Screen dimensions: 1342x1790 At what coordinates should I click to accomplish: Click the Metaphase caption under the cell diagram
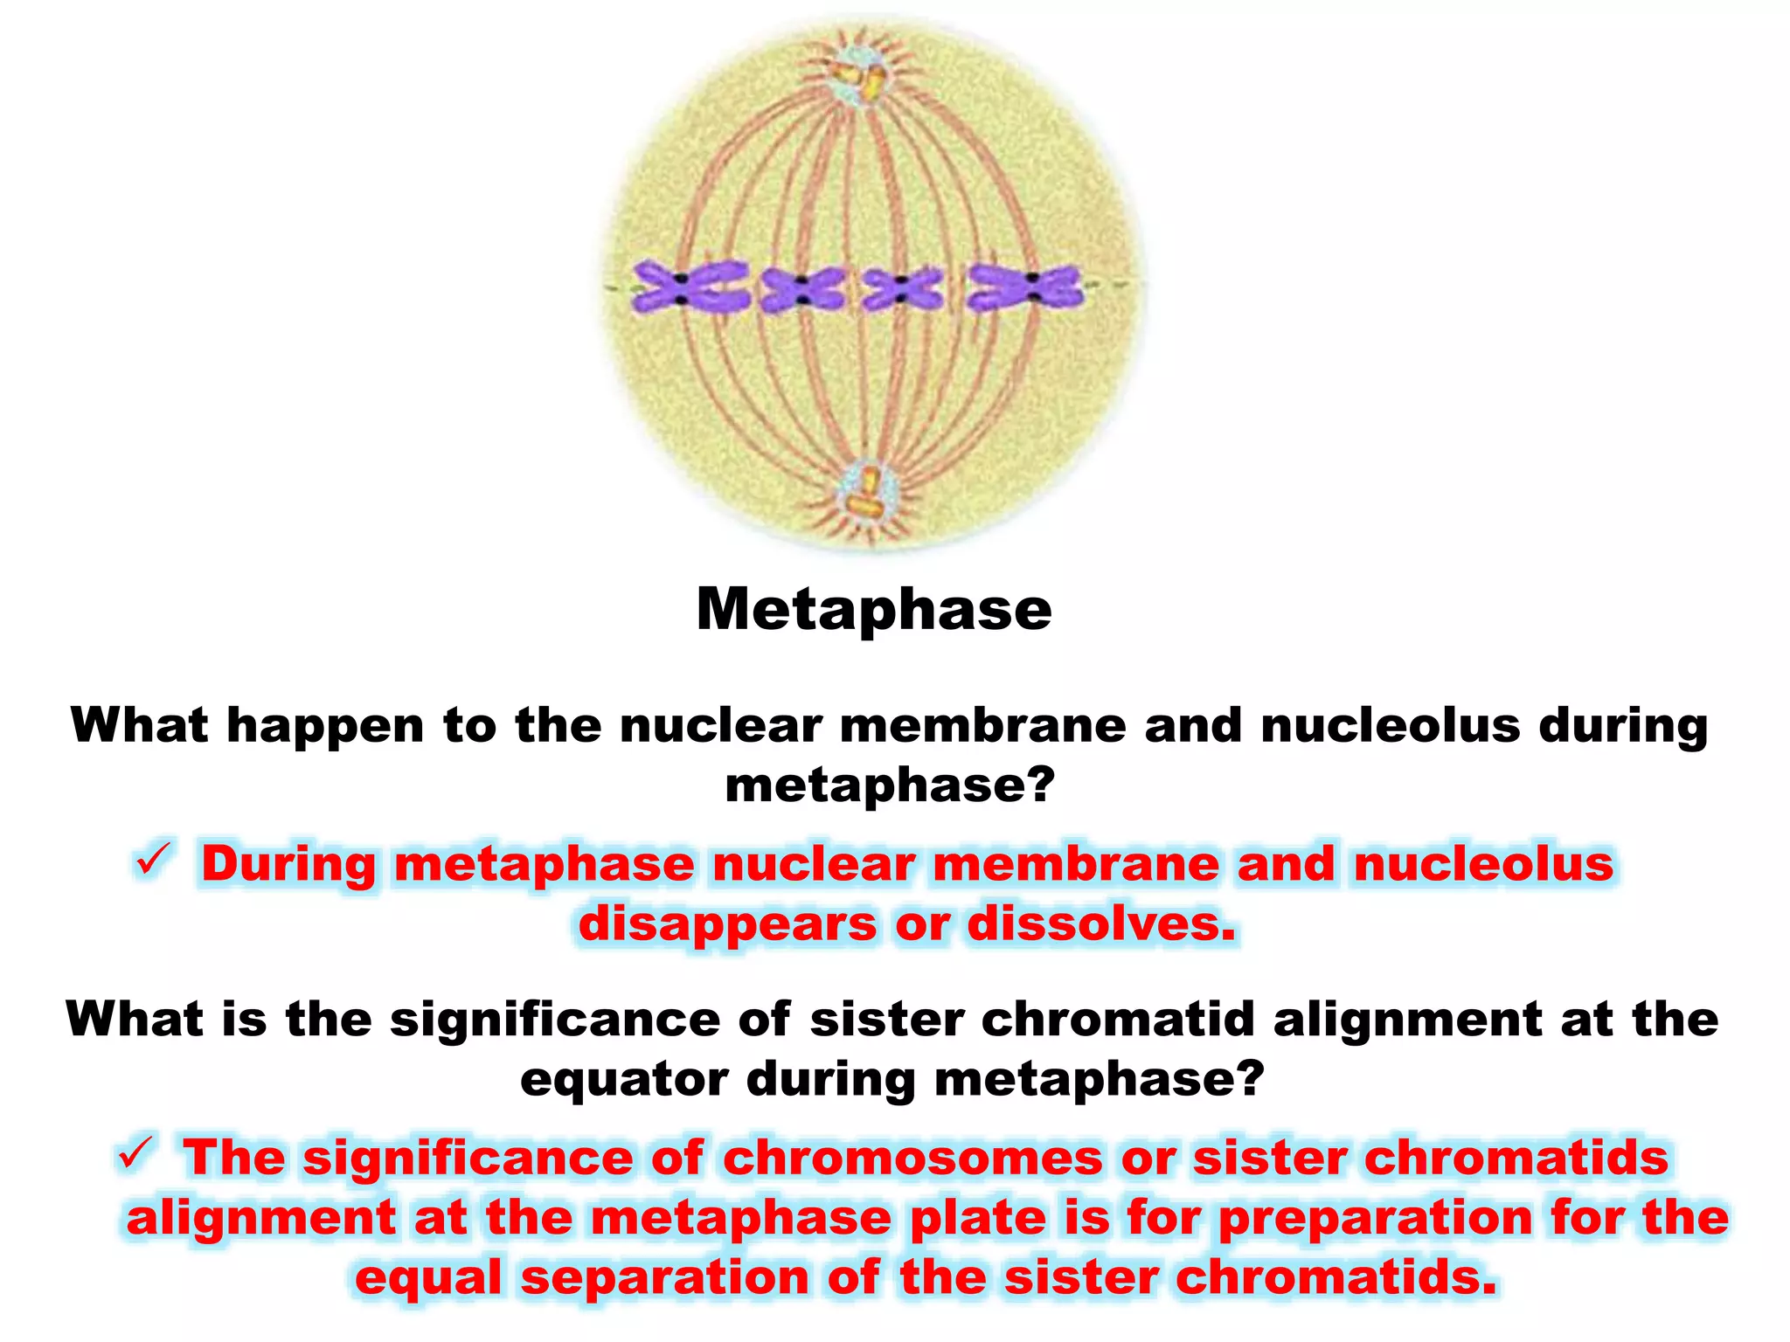pos(874,609)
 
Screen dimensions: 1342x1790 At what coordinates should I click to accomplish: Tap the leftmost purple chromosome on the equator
pos(688,287)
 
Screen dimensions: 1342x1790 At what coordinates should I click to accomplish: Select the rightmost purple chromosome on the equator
pos(1024,287)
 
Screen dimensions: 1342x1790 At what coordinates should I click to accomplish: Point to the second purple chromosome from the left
pos(801,289)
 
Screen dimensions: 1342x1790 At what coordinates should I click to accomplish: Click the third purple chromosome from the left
pos(902,289)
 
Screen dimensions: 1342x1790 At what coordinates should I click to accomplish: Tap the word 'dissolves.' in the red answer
pos(1102,923)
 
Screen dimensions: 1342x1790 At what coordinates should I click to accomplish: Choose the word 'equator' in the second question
pos(624,1080)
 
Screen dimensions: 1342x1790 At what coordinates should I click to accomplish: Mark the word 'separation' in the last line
pos(665,1277)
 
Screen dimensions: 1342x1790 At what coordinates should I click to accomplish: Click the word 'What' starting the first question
pos(140,725)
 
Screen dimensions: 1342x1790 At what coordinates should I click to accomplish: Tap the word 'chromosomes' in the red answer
pos(912,1159)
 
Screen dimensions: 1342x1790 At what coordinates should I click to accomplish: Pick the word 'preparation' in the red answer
pos(1376,1218)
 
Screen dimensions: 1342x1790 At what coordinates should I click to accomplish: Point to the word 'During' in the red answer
pos(288,864)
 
